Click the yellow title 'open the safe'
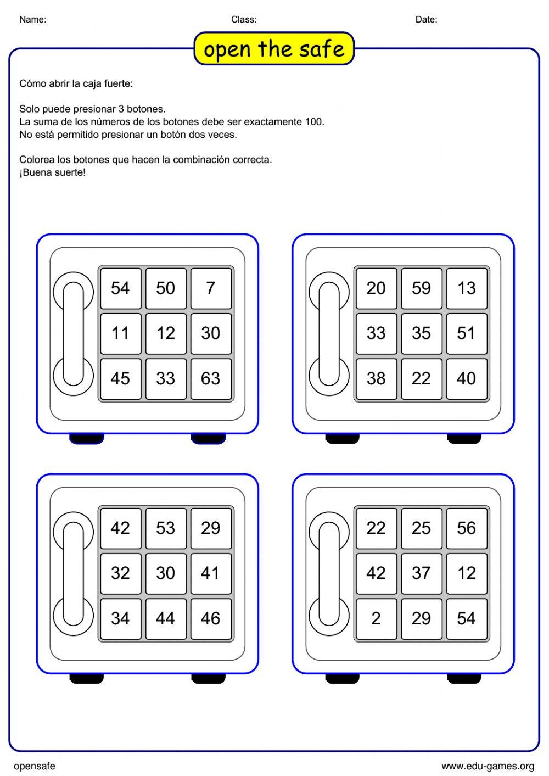coord(274,49)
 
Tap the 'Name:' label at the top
coord(33,20)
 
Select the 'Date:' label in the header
coord(426,20)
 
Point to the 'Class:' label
coord(244,20)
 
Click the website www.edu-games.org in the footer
coord(488,766)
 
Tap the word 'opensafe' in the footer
coord(35,766)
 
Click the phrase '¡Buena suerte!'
coord(53,172)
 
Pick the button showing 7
coord(211,288)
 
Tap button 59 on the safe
coord(421,288)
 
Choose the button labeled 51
coord(467,333)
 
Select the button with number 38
coord(376,378)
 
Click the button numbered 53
coord(165,528)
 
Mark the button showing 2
coord(376,618)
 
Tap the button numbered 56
coord(467,528)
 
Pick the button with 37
coord(421,573)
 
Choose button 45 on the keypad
coord(120,378)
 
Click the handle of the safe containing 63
coord(73,333)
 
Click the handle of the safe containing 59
coord(329,333)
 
